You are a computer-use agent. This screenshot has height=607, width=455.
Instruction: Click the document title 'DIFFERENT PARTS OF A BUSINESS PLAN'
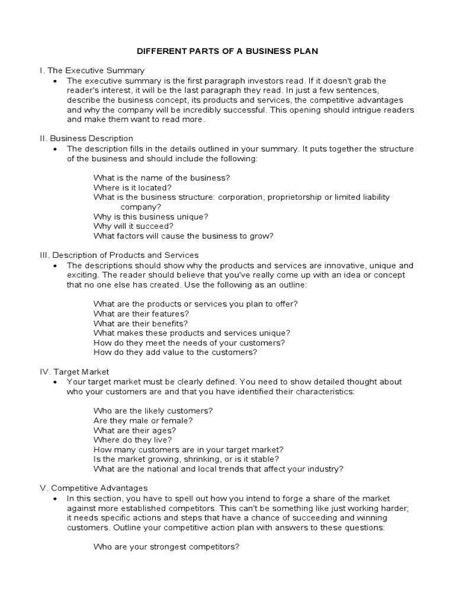pos(227,51)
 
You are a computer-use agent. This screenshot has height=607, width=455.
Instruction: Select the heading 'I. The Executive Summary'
pos(92,71)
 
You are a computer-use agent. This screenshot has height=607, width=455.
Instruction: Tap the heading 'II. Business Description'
pos(86,139)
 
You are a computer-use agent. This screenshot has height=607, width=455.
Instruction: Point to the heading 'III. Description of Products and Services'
pos(119,255)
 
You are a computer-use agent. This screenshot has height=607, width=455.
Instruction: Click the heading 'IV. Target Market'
pos(74,372)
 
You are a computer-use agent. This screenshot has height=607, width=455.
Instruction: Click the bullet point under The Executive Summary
pos(55,81)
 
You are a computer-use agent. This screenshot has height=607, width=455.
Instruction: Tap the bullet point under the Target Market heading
pos(55,382)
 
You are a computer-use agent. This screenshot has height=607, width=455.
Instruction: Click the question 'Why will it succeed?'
pos(133,226)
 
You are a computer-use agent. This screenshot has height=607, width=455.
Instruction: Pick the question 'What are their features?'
pos(141,313)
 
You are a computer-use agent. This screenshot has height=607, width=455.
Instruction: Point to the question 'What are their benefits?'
pos(140,323)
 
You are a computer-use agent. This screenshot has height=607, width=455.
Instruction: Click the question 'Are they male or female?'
pos(143,420)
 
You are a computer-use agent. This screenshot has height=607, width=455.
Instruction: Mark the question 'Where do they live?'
pos(133,440)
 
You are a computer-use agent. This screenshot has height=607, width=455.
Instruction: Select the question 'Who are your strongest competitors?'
pos(166,546)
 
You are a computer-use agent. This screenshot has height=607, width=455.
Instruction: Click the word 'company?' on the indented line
pos(140,207)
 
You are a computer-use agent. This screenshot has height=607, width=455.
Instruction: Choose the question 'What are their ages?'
pos(134,430)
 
